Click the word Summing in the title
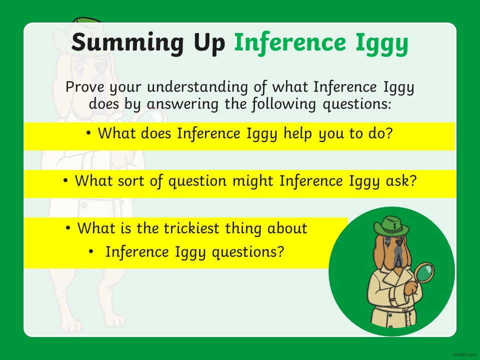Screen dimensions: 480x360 pyautogui.click(x=127, y=43)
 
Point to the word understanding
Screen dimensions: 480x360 pyautogui.click(x=197, y=87)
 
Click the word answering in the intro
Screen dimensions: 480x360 pyautogui.click(x=182, y=104)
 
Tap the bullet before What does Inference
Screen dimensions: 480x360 pyautogui.click(x=88, y=133)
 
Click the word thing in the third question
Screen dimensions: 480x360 pyautogui.click(x=243, y=229)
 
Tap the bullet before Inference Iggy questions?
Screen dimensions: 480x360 pyautogui.click(x=91, y=251)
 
